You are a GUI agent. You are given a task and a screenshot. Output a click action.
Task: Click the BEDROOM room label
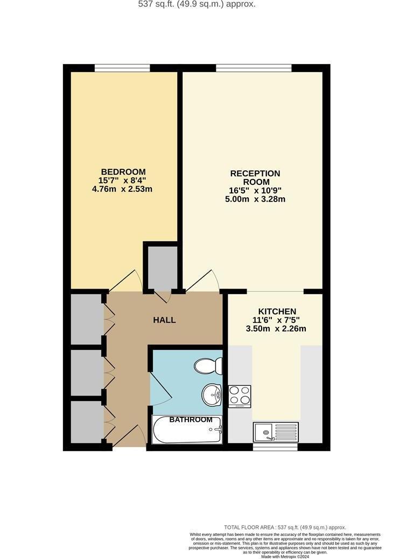123,172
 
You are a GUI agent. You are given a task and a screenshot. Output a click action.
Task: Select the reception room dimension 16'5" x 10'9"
255,190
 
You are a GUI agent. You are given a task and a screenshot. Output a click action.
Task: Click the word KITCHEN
277,312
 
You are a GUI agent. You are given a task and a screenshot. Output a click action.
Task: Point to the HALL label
164,320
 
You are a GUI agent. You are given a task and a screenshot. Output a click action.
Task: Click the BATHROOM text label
187,419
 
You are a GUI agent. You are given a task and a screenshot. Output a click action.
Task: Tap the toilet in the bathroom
207,367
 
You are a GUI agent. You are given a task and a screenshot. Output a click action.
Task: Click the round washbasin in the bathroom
213,395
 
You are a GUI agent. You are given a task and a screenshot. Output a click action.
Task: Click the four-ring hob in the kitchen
240,397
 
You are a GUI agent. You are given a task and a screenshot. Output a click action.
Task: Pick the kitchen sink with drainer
276,432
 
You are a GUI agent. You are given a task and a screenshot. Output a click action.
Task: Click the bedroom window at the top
122,68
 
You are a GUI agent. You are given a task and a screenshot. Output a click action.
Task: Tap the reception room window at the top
254,68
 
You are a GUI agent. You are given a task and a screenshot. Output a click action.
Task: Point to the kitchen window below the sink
275,446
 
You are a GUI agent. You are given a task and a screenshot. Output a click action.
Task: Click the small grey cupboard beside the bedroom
160,267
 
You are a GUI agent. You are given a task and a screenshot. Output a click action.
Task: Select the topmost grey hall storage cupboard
86,319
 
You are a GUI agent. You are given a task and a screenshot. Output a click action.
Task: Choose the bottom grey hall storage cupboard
86,422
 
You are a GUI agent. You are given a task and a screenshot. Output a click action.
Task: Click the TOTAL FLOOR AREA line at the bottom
285,527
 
